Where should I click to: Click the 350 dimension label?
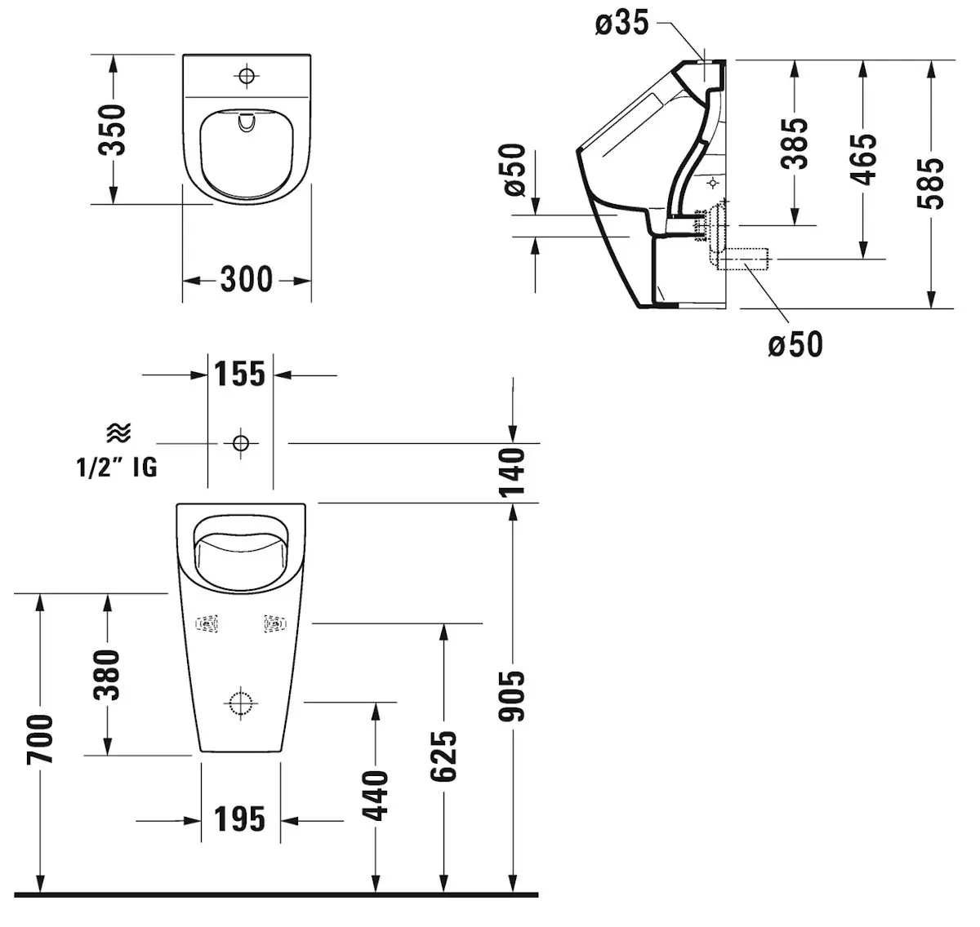tap(112, 130)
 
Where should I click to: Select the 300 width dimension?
tap(247, 279)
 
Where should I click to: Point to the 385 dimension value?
tap(794, 144)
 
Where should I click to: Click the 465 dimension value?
tap(863, 159)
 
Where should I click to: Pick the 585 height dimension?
tap(930, 184)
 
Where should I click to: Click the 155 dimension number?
tap(240, 374)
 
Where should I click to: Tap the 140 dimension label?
tap(512, 472)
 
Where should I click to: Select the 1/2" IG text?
tap(117, 468)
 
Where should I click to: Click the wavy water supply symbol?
tap(119, 432)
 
